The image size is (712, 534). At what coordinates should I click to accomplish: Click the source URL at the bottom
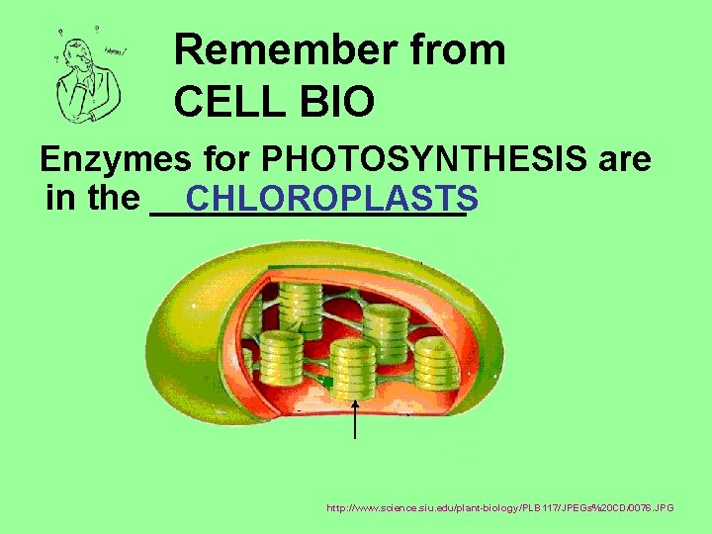[500, 507]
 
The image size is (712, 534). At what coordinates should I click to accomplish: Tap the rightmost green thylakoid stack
[435, 361]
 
